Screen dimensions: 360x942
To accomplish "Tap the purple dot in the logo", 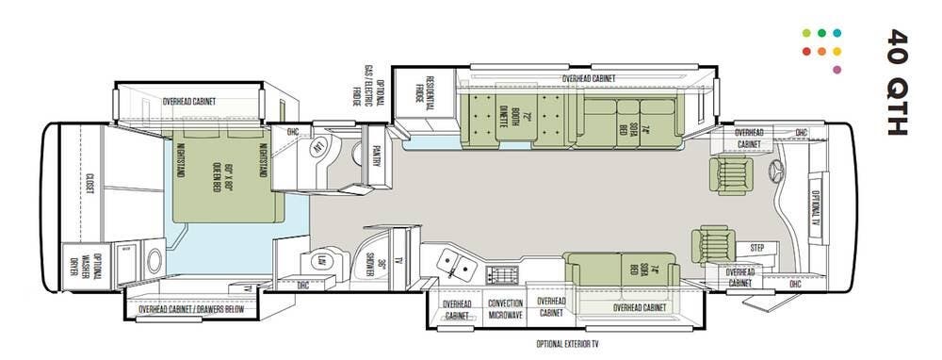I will pos(837,70).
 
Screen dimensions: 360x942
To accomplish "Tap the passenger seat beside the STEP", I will pos(712,244).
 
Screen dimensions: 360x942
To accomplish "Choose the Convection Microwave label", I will pos(505,310).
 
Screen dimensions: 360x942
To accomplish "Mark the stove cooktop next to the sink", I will pos(503,274).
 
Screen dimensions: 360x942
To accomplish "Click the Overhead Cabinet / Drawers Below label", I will pos(192,309).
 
